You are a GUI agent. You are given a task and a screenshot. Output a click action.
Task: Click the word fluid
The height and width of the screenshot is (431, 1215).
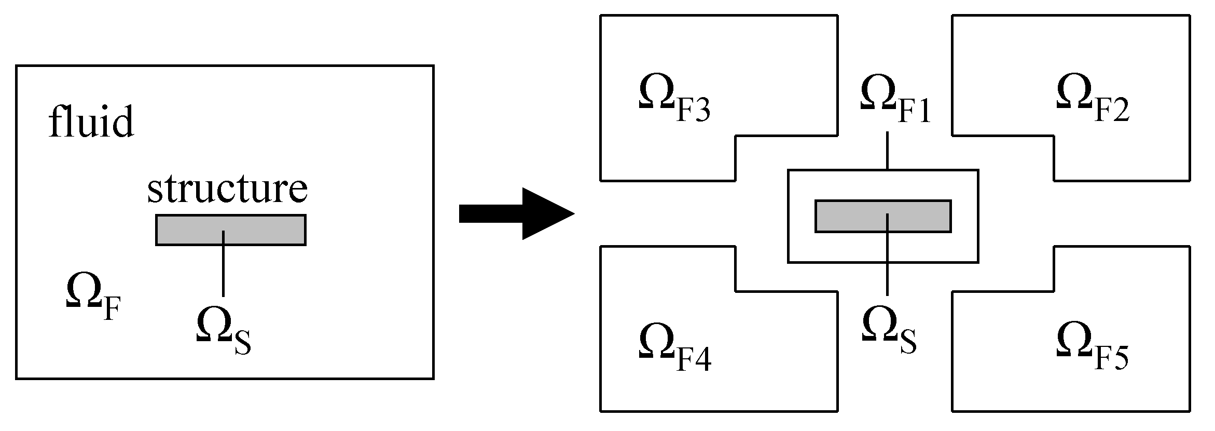click(x=91, y=122)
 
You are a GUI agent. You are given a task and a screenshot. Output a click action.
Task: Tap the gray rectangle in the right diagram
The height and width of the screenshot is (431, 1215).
click(x=851, y=216)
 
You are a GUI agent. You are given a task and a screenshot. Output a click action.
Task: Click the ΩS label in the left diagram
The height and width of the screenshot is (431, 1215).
click(x=223, y=332)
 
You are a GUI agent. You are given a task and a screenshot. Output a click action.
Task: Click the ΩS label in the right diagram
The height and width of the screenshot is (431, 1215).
click(x=888, y=332)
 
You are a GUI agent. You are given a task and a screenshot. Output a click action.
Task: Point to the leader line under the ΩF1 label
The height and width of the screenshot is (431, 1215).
click(x=887, y=151)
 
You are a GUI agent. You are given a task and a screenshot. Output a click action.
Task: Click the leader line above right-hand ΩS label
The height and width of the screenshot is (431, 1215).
click(x=887, y=278)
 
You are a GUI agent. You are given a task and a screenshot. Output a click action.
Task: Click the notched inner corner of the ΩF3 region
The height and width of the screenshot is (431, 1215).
click(x=736, y=136)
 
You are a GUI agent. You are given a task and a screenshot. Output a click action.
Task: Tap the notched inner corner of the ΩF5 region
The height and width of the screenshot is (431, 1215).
click(x=1054, y=291)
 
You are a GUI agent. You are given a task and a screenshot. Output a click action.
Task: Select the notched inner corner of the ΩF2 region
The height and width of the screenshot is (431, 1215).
click(x=1054, y=136)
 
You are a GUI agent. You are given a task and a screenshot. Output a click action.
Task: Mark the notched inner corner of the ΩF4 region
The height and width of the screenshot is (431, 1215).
click(x=736, y=291)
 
